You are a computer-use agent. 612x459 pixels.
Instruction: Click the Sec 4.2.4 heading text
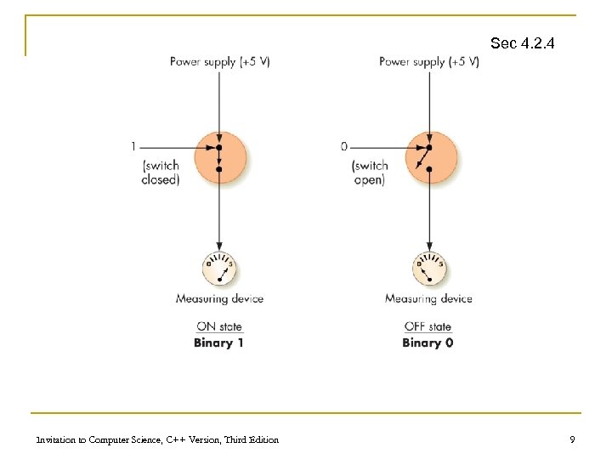point(522,42)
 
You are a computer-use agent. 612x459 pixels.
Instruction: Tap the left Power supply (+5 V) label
point(220,62)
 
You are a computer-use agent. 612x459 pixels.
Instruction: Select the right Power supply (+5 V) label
point(428,62)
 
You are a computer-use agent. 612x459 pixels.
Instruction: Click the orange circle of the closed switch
point(220,156)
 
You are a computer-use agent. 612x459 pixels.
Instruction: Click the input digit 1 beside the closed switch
point(133,146)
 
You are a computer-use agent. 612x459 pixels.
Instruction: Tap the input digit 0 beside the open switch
point(343,146)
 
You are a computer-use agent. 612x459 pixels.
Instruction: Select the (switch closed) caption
point(161,173)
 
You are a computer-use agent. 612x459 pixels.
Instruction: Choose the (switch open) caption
point(370,173)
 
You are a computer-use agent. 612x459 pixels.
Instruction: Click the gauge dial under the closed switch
point(220,269)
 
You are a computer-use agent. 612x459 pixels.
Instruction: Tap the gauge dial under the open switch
point(429,269)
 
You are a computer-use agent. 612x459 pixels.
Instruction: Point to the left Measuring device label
point(219,298)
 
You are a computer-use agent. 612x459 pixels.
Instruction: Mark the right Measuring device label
point(428,298)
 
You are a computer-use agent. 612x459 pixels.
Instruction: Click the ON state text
point(219,326)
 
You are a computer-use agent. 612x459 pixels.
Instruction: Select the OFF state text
point(428,326)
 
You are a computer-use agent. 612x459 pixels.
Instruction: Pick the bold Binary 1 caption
point(218,343)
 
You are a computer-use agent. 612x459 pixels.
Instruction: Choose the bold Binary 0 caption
point(428,343)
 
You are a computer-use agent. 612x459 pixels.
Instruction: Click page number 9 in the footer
point(572,439)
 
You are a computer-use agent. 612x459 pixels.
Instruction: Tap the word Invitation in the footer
point(55,439)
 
